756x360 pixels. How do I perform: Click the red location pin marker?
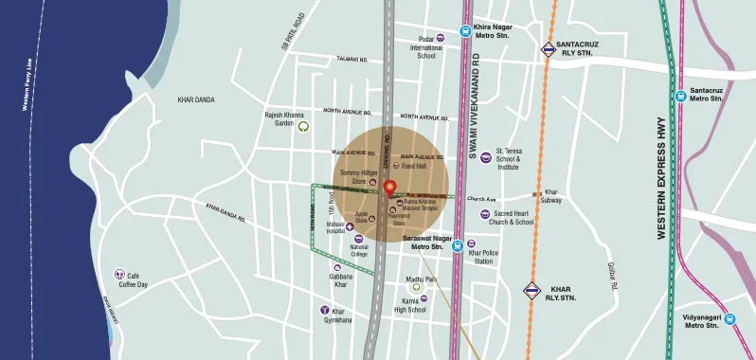click(x=388, y=186)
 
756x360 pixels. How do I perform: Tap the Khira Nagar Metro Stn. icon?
click(x=465, y=30)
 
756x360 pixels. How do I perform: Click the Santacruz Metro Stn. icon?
click(x=680, y=95)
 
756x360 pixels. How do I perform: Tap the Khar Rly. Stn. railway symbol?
click(x=531, y=290)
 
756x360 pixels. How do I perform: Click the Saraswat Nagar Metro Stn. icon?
click(x=458, y=243)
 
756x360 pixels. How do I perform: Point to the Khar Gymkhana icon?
click(x=325, y=310)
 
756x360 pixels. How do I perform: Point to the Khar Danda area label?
click(x=197, y=99)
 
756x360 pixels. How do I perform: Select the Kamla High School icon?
click(x=423, y=298)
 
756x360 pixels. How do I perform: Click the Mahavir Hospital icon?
click(x=349, y=225)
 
